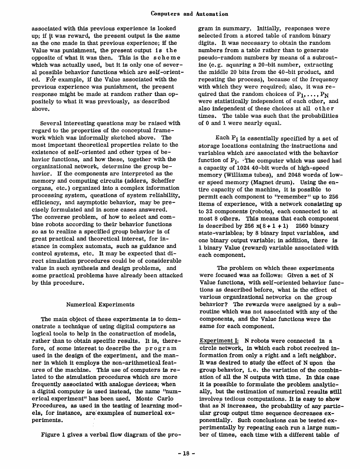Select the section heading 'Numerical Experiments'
[100, 304]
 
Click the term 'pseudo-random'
[216, 58]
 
